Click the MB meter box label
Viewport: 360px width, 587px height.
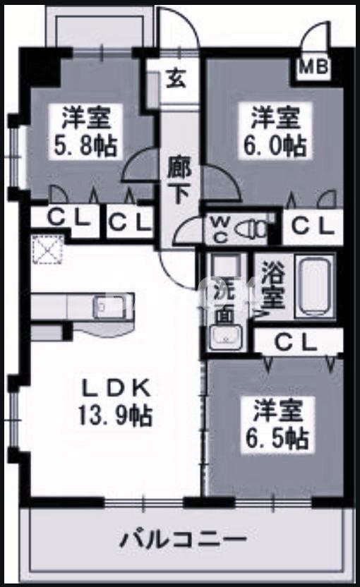314,68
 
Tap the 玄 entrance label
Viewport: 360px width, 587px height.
176,78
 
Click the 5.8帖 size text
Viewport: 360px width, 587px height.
87,146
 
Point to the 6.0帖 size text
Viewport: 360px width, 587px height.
277,146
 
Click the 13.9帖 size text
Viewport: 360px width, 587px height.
115,416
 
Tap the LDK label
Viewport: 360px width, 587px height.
114,387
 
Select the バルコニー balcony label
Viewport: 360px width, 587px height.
182,542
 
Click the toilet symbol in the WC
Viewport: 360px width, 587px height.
248,228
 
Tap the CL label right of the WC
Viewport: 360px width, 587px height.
312,226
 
